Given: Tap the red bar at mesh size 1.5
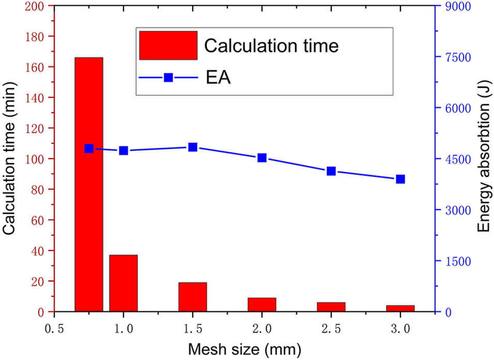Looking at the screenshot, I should pos(193,297).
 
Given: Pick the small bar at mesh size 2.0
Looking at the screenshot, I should pos(262,305).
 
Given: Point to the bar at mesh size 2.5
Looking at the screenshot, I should pos(331,307).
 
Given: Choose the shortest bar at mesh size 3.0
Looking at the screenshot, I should pos(400,308).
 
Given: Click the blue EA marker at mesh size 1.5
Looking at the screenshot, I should pos(193,147).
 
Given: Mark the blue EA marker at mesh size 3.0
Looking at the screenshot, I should pos(400,179).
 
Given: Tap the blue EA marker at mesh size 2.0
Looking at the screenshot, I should pos(262,158).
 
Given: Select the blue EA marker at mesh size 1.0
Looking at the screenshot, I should pos(124,151).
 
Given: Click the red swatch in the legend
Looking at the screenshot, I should pos(168,45).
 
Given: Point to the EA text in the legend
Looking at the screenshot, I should pos(219,78).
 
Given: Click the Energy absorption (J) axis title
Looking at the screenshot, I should pos(483,159).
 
